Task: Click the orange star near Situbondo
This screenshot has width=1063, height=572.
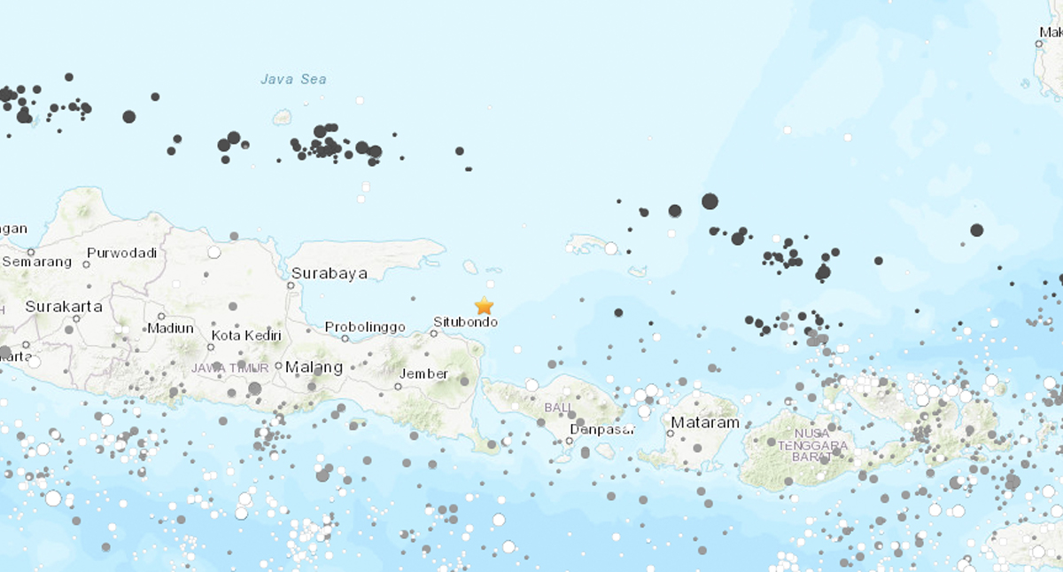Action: [484, 306]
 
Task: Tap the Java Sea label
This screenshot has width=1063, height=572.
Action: [293, 80]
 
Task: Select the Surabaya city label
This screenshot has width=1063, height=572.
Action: [329, 273]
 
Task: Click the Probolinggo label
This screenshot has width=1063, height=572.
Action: [365, 327]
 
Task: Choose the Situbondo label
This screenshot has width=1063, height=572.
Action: [465, 321]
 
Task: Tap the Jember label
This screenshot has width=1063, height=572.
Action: [424, 373]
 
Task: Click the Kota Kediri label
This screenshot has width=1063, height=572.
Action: [246, 335]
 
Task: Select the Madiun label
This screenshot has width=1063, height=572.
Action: [170, 327]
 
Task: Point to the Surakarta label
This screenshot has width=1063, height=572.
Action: [64, 307]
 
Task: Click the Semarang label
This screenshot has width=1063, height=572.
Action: [36, 262]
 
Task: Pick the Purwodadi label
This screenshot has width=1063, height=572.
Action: [121, 253]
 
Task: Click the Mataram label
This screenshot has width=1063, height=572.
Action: [704, 423]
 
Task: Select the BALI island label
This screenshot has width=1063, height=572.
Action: [558, 407]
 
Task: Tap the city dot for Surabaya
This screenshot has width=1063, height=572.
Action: [291, 286]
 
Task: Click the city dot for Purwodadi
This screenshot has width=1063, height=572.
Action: [89, 263]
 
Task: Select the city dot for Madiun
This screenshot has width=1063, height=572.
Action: [161, 316]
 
